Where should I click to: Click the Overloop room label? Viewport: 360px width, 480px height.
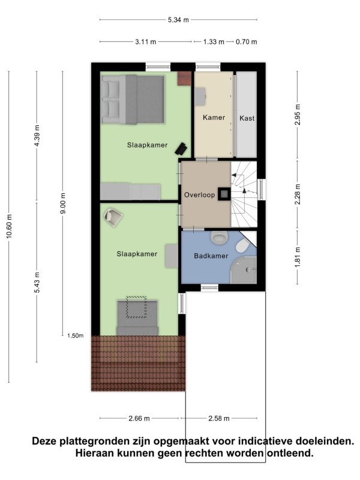click(x=199, y=194)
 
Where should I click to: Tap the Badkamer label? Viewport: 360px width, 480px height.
click(x=211, y=256)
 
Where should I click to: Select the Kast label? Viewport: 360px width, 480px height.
click(x=247, y=118)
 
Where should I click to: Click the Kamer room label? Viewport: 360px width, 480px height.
click(x=214, y=117)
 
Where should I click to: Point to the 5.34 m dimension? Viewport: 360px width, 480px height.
click(x=178, y=20)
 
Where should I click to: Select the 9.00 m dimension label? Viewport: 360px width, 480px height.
click(x=63, y=203)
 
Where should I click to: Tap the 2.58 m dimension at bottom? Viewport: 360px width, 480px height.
click(x=219, y=418)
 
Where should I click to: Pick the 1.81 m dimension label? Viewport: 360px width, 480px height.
click(x=297, y=257)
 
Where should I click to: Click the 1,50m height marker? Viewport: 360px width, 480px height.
click(x=76, y=336)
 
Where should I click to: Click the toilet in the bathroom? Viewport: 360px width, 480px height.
click(x=243, y=245)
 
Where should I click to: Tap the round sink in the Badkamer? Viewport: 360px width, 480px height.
click(x=219, y=238)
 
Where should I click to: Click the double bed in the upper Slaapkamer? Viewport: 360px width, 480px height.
click(x=133, y=100)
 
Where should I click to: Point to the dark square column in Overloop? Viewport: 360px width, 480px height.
click(x=224, y=193)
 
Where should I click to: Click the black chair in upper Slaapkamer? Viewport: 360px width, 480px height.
click(x=181, y=149)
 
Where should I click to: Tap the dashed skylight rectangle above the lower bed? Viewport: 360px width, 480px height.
click(x=136, y=307)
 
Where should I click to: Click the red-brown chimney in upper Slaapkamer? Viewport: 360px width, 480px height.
click(x=184, y=78)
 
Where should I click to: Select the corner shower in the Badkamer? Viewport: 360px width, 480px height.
click(x=244, y=271)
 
